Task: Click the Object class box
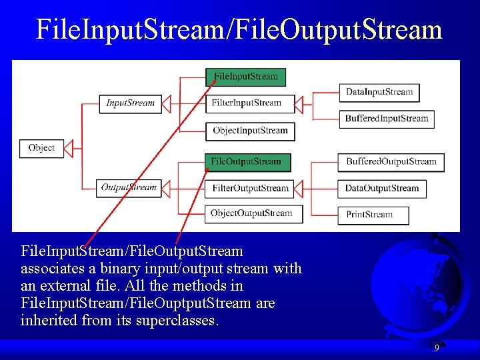41,148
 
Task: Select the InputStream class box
131,103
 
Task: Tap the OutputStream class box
129,188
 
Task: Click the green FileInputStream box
245,77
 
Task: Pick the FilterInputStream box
246,103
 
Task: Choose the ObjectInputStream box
249,131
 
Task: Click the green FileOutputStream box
246,161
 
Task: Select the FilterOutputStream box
250,189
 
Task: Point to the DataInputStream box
379,92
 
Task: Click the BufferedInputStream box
387,119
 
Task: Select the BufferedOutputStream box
391,161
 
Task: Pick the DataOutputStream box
382,189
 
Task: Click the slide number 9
437,348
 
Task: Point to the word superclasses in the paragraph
175,321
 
